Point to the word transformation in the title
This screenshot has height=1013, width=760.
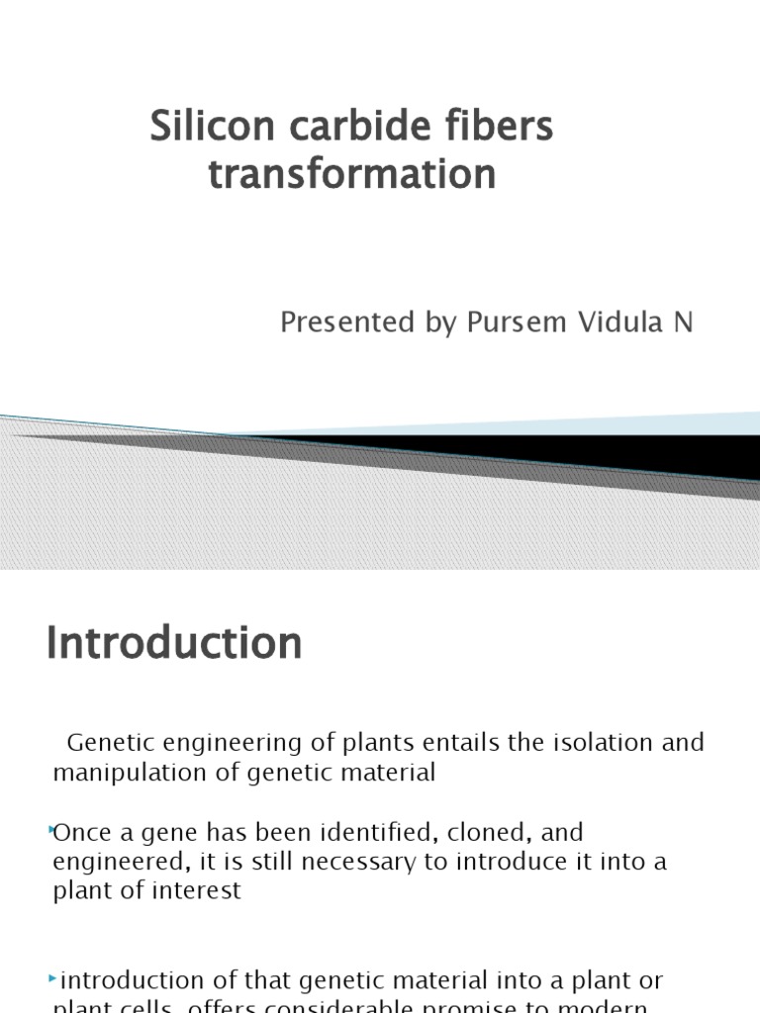(351, 175)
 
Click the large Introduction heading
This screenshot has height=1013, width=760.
(174, 644)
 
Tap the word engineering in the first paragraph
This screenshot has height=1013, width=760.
(220, 743)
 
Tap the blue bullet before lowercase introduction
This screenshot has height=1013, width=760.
(52, 979)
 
